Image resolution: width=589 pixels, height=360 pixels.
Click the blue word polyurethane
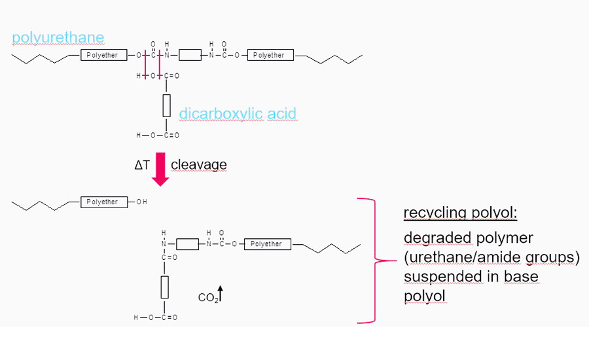(x=58, y=37)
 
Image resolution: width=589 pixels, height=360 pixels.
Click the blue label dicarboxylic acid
(x=238, y=114)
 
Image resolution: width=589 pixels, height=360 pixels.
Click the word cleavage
(x=198, y=165)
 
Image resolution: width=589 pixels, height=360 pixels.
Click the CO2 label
(x=207, y=298)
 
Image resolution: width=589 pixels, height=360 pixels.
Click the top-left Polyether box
(x=102, y=56)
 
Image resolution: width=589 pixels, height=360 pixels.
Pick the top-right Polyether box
(x=269, y=56)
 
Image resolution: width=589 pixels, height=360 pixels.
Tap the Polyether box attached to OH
(x=102, y=202)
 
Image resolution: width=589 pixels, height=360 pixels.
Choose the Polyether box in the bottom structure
(x=266, y=244)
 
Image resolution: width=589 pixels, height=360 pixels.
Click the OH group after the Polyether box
(x=142, y=202)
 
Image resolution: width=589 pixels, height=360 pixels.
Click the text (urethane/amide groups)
(x=491, y=257)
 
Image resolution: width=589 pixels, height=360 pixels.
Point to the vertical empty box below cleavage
(x=164, y=287)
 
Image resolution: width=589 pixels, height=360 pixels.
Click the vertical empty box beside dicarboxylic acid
(x=166, y=105)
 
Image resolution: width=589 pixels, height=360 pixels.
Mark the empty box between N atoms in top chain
(x=190, y=56)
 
